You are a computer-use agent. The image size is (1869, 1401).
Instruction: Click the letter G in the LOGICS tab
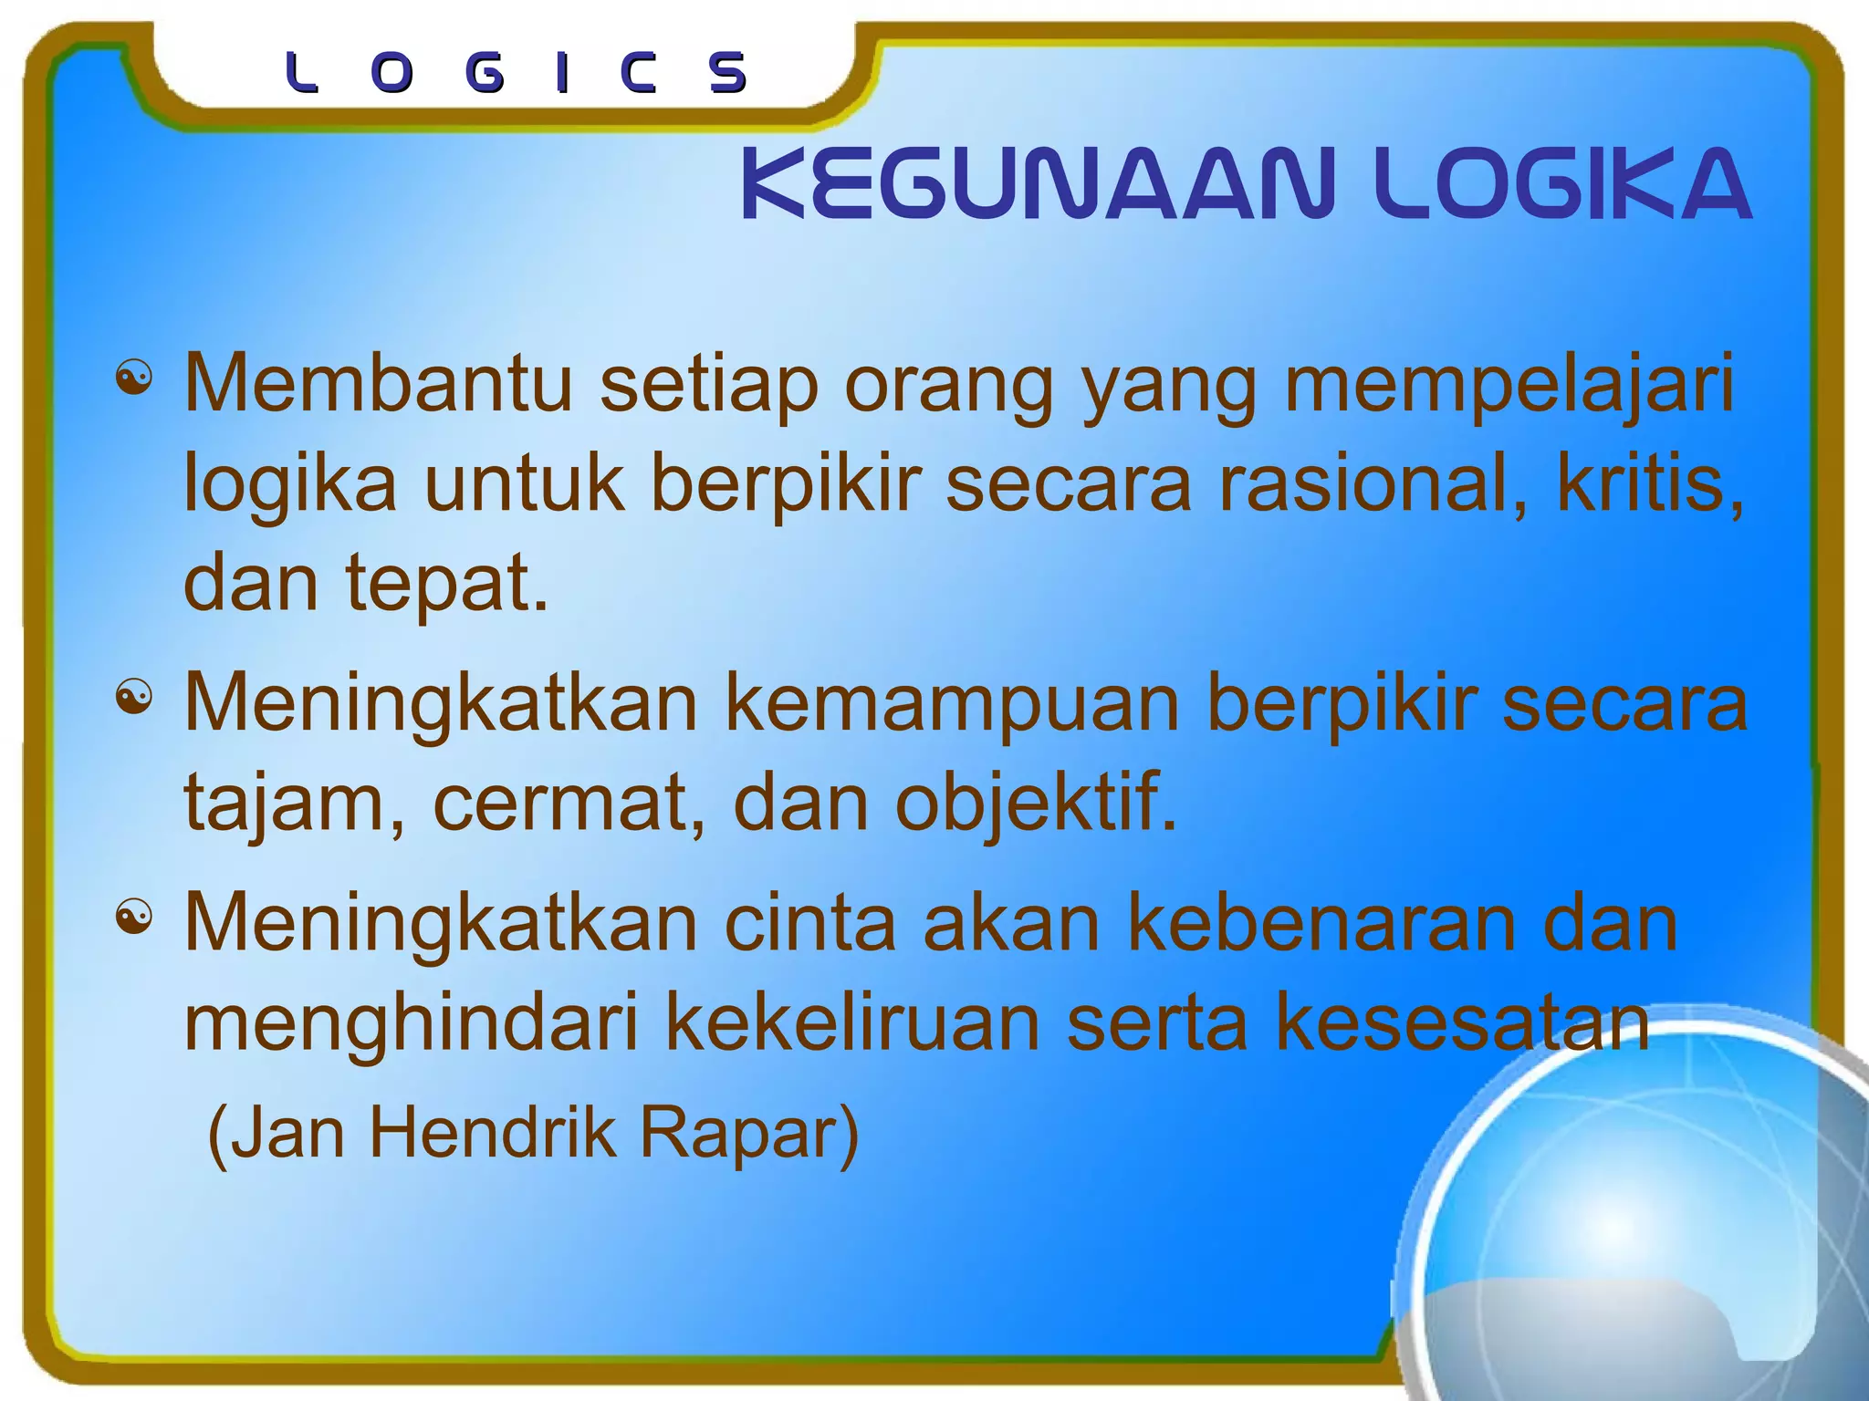tap(484, 73)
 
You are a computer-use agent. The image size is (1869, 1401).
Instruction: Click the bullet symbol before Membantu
tap(134, 378)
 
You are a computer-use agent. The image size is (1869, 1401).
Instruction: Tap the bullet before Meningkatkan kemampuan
tap(134, 699)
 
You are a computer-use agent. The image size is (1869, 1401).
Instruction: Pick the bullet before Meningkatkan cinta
tap(134, 917)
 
